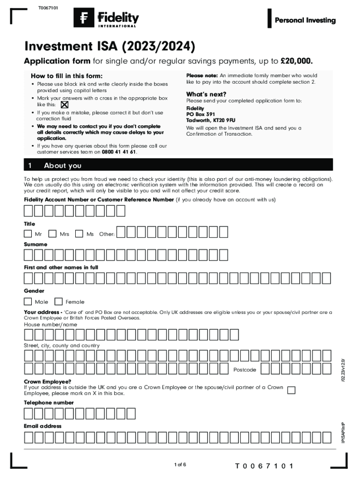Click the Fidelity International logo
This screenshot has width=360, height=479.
(106, 19)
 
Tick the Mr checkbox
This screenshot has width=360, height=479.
(29, 233)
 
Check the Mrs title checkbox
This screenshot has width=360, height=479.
(53, 233)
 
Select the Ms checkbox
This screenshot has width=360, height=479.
(79, 233)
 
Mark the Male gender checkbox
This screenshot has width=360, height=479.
(29, 301)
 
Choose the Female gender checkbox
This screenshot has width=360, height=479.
(59, 301)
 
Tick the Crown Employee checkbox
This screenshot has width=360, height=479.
(291, 390)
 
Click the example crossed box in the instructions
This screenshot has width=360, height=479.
(65, 105)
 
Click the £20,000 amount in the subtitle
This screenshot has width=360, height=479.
(296, 61)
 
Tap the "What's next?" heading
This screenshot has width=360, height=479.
(206, 94)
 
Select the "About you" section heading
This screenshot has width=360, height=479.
(62, 166)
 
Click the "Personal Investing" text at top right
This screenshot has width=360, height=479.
(305, 20)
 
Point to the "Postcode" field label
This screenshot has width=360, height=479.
(245, 370)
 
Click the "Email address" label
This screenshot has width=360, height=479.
(43, 426)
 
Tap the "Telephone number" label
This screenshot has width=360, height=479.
(49, 403)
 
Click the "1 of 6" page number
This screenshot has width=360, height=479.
(180, 464)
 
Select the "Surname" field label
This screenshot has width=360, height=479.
(36, 245)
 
